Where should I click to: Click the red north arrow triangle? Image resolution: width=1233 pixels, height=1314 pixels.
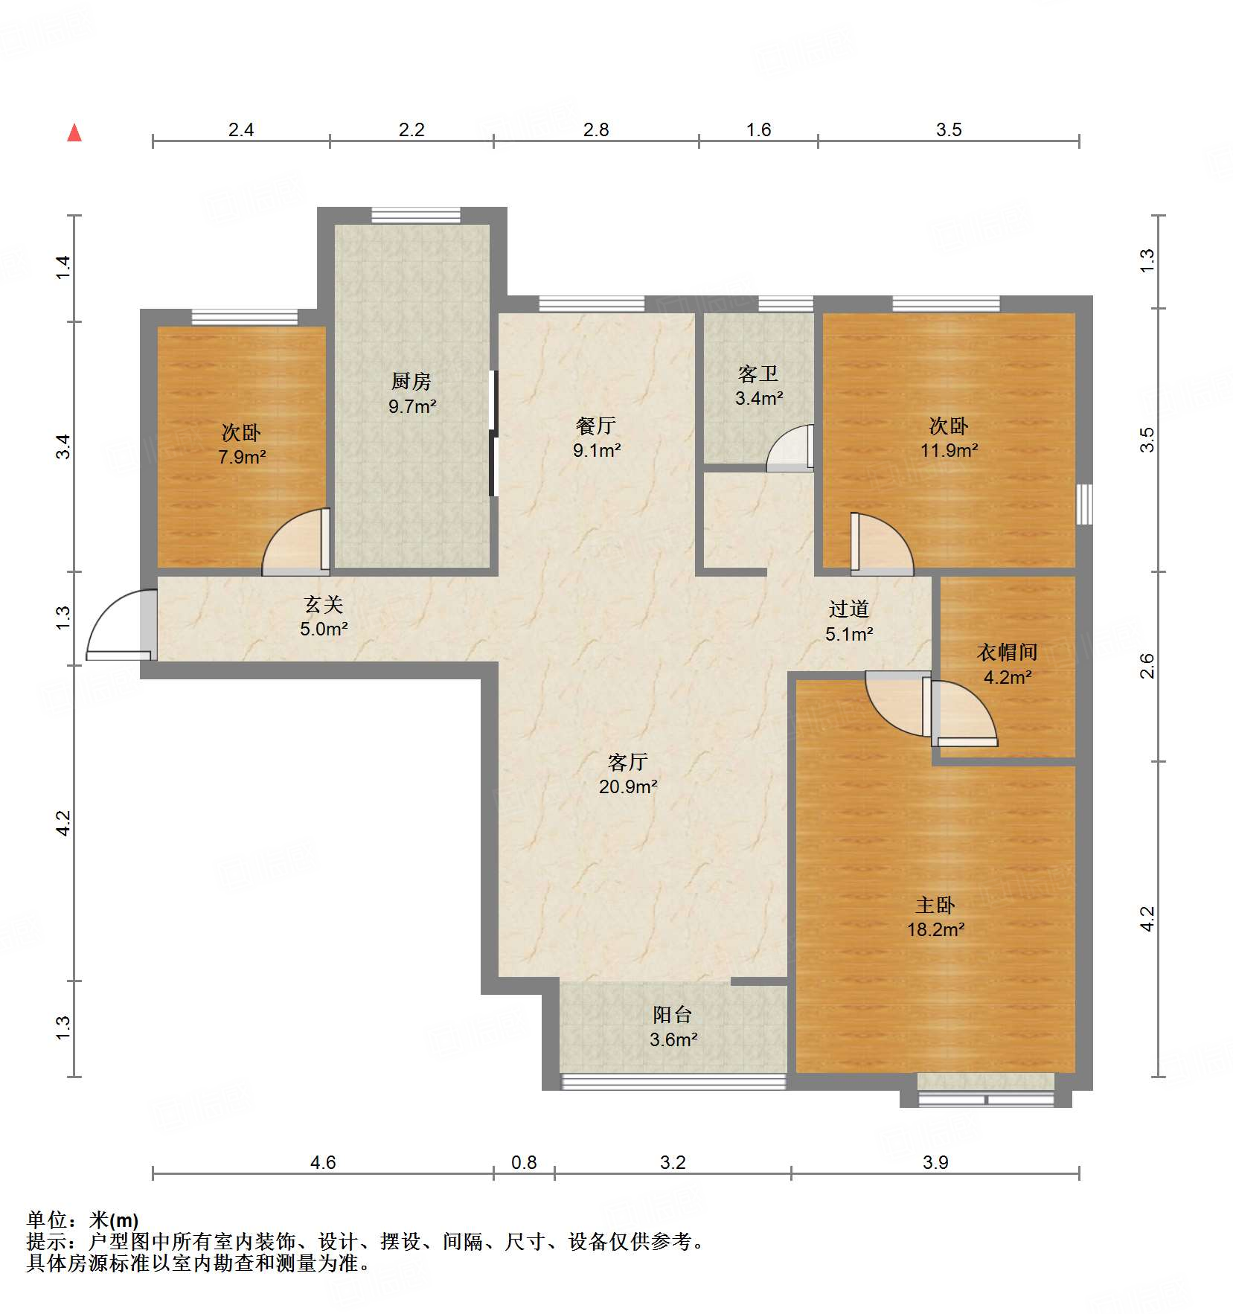[74, 133]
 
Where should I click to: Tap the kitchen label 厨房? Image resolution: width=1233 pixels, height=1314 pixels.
[411, 382]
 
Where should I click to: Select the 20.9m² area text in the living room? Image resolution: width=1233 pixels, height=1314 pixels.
[627, 786]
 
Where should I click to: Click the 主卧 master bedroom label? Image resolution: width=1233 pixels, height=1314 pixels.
[935, 905]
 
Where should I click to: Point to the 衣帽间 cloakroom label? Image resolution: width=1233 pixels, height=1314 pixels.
[1007, 653]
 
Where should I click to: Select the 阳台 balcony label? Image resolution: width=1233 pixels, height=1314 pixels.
[672, 1015]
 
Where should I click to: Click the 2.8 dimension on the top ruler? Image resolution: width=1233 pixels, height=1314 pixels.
[595, 130]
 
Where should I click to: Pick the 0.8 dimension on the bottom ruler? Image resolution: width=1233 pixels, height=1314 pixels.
[523, 1162]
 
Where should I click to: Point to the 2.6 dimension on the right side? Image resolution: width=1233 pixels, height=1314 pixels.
[1147, 665]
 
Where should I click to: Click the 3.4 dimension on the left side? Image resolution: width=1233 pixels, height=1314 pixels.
[64, 446]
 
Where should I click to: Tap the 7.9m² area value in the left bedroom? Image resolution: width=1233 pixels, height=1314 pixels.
[242, 457]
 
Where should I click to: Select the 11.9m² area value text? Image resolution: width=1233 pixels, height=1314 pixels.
[949, 450]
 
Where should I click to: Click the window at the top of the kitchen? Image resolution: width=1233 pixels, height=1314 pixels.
[416, 216]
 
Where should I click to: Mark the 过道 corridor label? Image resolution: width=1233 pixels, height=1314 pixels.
[848, 609]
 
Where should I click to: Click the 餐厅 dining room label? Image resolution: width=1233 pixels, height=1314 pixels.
[595, 426]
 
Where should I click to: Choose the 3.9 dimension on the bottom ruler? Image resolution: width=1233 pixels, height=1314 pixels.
[935, 1162]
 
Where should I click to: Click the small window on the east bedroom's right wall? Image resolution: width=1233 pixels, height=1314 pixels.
[1085, 504]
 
